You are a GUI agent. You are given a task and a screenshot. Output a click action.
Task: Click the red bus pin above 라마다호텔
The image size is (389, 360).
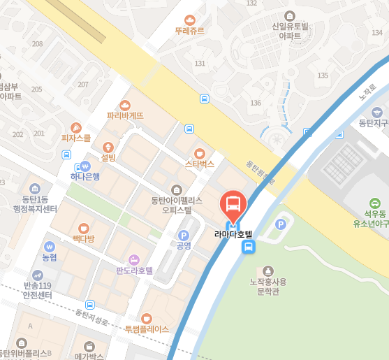pos(233,205)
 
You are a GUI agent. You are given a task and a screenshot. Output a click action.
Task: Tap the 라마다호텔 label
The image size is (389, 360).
pos(233,234)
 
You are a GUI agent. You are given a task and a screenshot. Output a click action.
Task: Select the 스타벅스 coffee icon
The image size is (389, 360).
pos(199,153)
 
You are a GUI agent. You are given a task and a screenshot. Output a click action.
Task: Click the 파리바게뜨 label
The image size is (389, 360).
pos(125,115)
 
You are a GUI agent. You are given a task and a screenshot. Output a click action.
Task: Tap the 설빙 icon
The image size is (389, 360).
pos(108,147)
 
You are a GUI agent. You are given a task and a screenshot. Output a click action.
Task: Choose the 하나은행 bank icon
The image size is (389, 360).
pos(85,166)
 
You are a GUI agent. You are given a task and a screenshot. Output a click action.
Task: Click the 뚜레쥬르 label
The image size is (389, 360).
pos(189,31)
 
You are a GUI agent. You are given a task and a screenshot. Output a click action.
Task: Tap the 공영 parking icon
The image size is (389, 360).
pos(184,236)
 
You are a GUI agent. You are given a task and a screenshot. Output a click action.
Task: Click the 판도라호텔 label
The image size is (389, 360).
pos(134,270)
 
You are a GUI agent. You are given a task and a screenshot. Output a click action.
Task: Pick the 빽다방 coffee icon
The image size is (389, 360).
pos(83,228)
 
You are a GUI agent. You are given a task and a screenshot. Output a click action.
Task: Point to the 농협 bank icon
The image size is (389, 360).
pos(49,246)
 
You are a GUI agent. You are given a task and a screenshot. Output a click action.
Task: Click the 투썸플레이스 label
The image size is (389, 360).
pos(147,329)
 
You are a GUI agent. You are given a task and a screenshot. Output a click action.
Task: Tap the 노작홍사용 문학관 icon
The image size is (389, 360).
pos(268,270)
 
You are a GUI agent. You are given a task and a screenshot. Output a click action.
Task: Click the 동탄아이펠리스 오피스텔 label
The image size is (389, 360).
pos(177,204)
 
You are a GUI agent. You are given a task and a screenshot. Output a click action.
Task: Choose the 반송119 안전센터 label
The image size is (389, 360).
pos(38,290)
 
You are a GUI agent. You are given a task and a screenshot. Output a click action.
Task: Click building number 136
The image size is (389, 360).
pos(256,103)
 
